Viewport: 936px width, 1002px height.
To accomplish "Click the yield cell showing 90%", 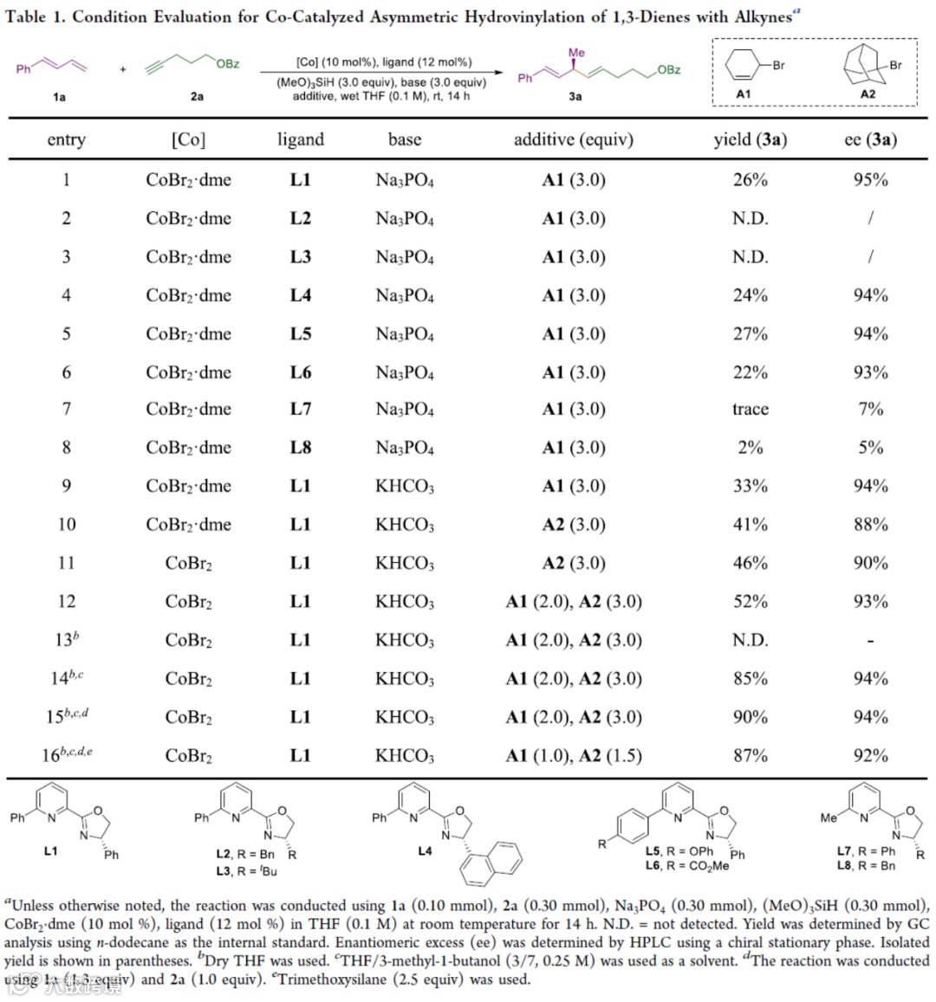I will [750, 717].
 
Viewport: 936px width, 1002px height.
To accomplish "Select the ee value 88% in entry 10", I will [870, 525].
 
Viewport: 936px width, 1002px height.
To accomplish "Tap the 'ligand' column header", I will [300, 140].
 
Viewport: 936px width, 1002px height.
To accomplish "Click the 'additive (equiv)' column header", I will [573, 140].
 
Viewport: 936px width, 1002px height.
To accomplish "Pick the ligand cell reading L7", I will [300, 409].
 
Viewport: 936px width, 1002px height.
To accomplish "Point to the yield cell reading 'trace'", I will [750, 409].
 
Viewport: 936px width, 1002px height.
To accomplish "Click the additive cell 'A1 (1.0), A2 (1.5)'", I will [573, 756].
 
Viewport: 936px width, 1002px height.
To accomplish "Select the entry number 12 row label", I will [67, 602].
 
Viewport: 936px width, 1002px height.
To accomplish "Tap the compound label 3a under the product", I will [575, 97].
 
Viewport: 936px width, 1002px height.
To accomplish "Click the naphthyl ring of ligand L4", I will [492, 862].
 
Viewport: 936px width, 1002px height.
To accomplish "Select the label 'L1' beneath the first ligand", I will [50, 851].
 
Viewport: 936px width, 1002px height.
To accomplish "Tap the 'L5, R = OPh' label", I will [679, 851].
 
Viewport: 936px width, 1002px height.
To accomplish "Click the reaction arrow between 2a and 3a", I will [381, 74].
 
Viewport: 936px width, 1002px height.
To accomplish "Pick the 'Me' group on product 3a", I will [576, 53].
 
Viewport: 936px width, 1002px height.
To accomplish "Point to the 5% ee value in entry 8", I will [870, 448].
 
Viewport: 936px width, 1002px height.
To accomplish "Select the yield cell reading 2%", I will [750, 448].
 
